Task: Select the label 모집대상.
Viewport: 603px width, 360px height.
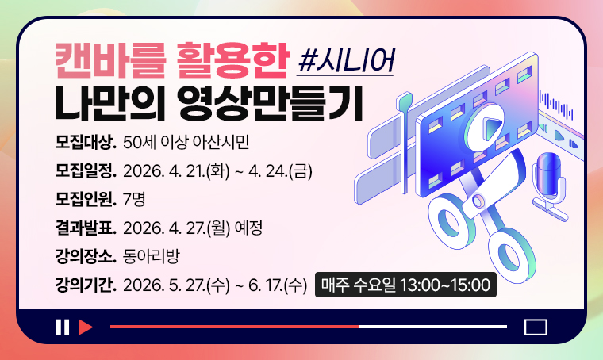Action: coord(86,144)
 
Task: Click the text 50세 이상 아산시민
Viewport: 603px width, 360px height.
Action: coord(187,144)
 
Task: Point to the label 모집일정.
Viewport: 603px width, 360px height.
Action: coord(86,171)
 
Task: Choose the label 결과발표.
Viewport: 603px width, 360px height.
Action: coord(86,228)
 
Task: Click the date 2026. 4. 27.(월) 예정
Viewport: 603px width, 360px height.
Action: coord(193,228)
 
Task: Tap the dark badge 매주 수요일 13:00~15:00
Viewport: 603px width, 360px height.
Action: coord(406,285)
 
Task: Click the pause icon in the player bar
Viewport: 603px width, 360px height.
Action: coord(62,327)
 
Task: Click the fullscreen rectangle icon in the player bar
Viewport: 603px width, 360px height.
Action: coord(536,327)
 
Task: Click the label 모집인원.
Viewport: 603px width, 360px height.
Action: coord(86,199)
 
